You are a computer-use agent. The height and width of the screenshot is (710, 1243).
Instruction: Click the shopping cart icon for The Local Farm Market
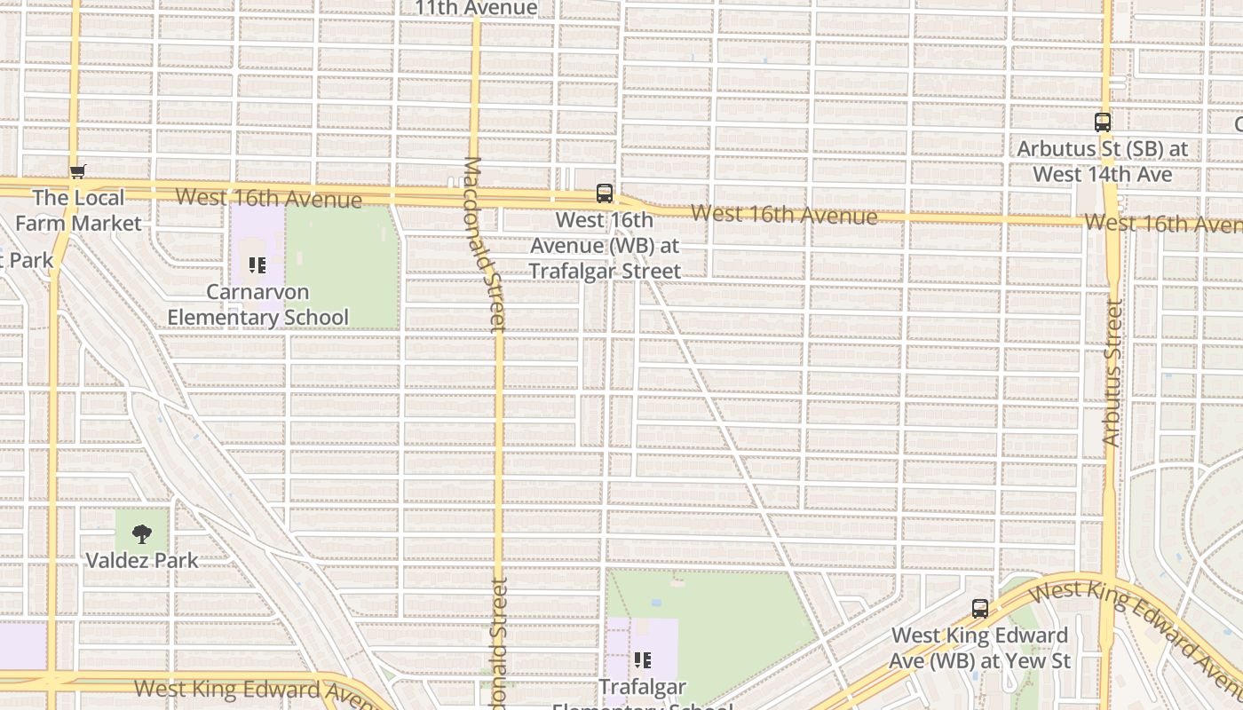point(78,171)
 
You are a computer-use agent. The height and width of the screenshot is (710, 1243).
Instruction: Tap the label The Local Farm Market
point(78,210)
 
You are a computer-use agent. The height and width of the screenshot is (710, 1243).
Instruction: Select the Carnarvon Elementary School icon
point(257,265)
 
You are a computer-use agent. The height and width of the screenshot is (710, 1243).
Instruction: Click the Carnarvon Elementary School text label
point(257,304)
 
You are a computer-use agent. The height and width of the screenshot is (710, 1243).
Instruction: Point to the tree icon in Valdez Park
point(142,533)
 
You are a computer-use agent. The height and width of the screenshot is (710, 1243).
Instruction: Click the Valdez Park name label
point(142,560)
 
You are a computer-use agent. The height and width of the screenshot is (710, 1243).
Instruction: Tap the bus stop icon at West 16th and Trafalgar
point(605,193)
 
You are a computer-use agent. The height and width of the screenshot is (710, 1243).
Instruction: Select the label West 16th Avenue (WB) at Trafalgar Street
point(606,246)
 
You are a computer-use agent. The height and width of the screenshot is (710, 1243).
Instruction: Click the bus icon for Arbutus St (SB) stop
point(1103,122)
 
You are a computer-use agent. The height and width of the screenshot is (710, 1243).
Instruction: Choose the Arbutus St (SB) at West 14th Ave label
point(1103,162)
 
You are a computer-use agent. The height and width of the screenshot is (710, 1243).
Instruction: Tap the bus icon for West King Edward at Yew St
point(980,609)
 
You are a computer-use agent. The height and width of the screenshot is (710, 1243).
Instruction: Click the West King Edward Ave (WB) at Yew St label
point(980,648)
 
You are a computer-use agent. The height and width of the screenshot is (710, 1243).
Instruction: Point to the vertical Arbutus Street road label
point(1112,372)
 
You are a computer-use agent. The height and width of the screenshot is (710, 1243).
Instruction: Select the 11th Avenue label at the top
point(476,9)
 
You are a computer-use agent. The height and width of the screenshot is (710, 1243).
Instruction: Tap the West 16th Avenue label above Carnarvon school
point(268,198)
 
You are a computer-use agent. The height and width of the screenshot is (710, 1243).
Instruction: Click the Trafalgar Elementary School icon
point(642,660)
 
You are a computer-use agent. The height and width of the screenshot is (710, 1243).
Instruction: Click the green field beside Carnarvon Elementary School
point(343,266)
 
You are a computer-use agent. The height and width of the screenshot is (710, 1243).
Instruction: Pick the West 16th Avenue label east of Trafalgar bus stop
point(784,214)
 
